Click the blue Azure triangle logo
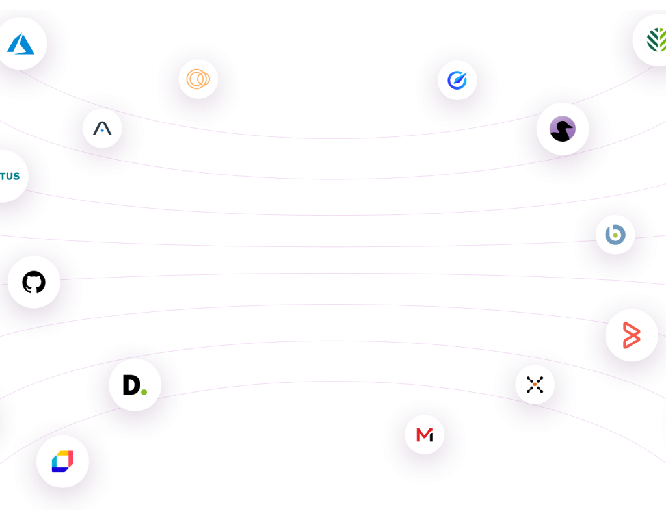tap(21, 44)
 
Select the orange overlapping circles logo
tap(198, 79)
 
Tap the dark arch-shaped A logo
tap(102, 129)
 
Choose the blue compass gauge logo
tap(457, 81)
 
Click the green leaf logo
tap(656, 40)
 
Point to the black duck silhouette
tap(561, 130)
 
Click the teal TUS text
tap(9, 176)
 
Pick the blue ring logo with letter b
tap(615, 234)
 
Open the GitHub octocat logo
tap(34, 283)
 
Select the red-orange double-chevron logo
tap(631, 335)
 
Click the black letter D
tap(131, 385)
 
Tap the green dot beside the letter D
tap(144, 391)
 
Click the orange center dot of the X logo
tap(535, 385)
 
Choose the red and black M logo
tap(424, 434)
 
